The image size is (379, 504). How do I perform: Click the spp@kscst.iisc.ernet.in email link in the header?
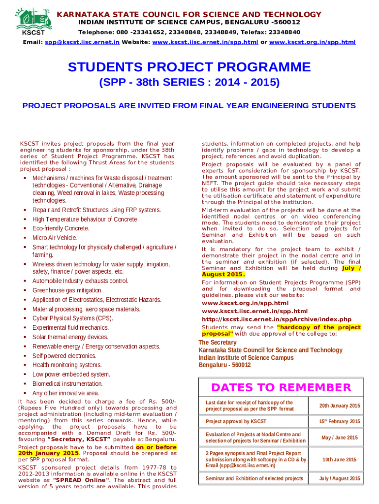coord(82,42)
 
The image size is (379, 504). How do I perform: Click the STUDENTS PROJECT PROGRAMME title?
coord(189,67)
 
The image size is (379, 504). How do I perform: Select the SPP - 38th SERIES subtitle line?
coord(189,82)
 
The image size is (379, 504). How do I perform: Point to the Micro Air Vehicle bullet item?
coord(55,238)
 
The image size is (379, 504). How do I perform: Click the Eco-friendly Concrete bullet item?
coord(61,228)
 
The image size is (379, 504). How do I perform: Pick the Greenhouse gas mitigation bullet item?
coord(67,290)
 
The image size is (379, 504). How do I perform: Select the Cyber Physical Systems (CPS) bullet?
coord(72,318)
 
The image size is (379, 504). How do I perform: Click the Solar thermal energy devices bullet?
coord(70,337)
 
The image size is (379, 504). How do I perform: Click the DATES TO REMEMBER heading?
coord(281,388)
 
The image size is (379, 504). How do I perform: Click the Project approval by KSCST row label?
coord(236,422)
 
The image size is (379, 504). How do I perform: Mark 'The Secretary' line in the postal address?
coord(217,343)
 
